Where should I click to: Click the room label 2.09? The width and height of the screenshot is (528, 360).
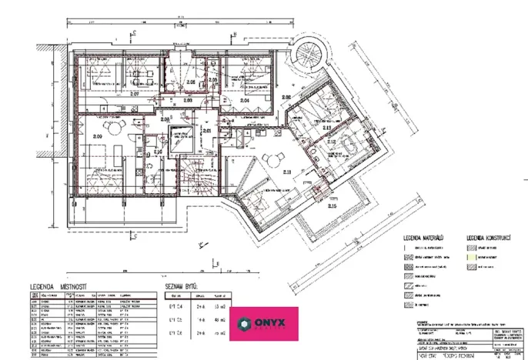point(98,137)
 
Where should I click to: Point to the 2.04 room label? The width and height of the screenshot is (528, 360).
point(246,101)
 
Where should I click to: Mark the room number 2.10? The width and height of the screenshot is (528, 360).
point(157,152)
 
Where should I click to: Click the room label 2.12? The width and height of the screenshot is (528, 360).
point(332,142)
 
